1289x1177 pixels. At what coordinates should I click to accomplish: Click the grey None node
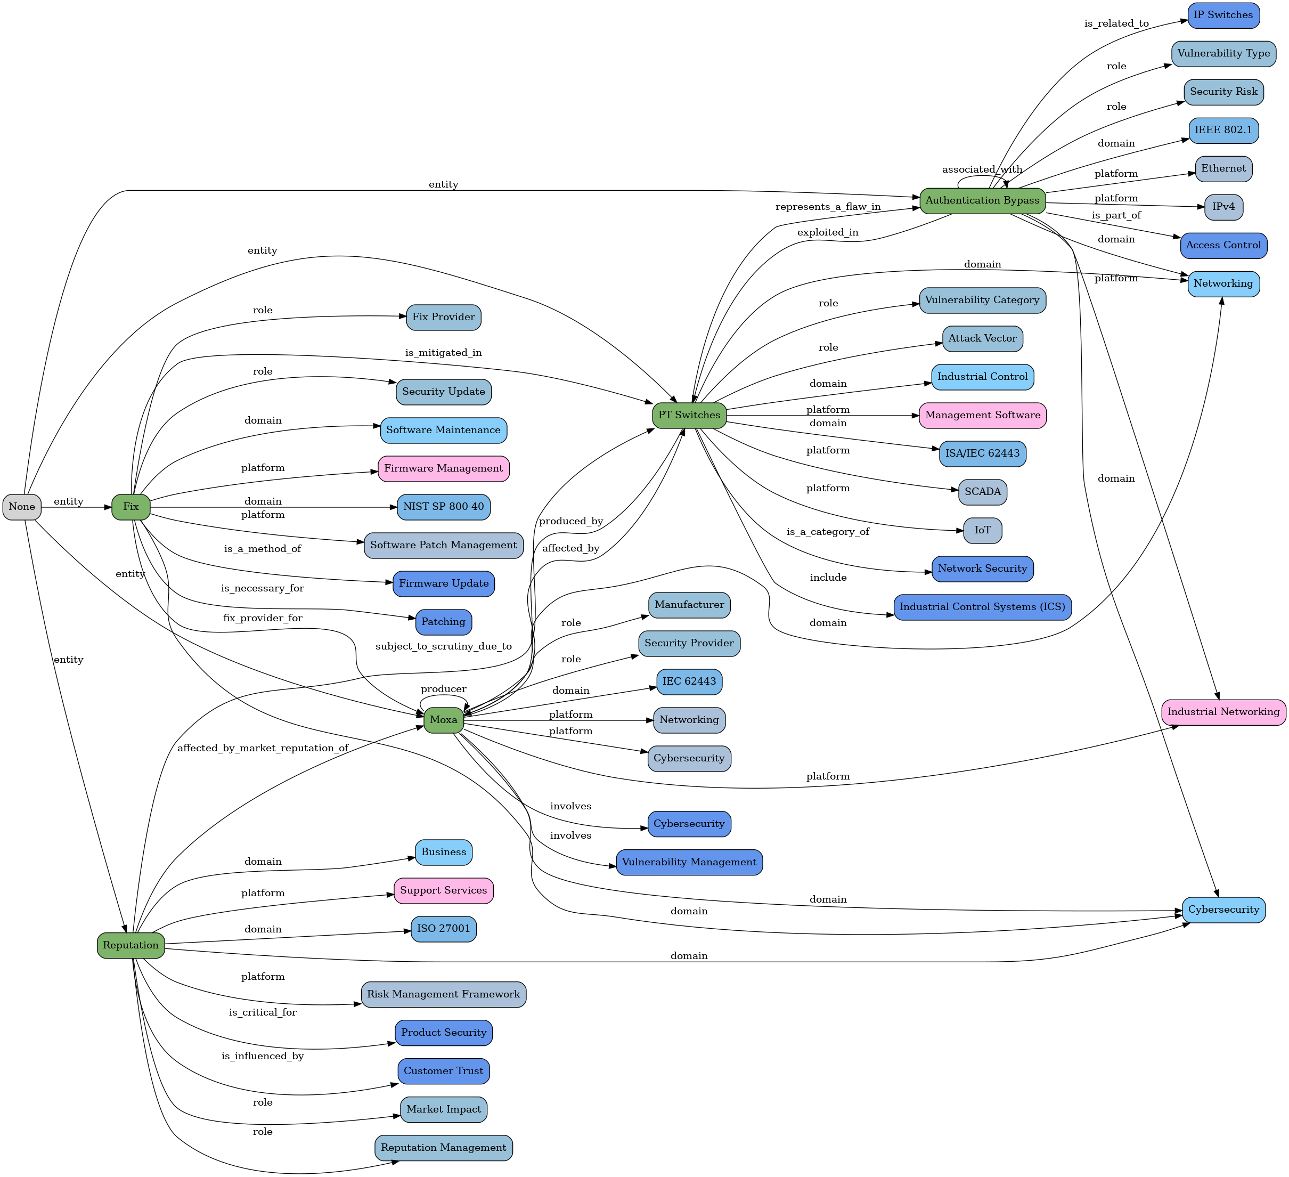click(22, 507)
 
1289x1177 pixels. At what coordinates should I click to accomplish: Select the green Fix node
click(130, 507)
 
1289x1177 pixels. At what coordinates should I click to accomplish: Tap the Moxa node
click(444, 720)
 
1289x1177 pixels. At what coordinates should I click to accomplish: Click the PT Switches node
click(689, 415)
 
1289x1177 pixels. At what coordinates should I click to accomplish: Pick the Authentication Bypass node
click(982, 201)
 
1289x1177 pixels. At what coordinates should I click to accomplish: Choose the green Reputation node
click(130, 945)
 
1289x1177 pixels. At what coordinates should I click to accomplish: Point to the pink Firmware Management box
click(444, 469)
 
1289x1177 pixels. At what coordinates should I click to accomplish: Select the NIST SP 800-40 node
click(444, 507)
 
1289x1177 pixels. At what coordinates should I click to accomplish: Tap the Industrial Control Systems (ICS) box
click(982, 607)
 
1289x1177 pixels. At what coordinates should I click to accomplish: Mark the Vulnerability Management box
click(689, 862)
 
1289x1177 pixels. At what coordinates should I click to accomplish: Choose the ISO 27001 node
click(444, 929)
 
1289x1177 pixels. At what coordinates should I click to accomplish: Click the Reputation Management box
click(444, 1148)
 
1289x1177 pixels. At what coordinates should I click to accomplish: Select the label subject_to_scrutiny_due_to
click(444, 647)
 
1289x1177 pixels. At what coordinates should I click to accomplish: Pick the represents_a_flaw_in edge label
click(828, 207)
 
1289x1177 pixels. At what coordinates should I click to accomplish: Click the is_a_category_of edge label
click(828, 532)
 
